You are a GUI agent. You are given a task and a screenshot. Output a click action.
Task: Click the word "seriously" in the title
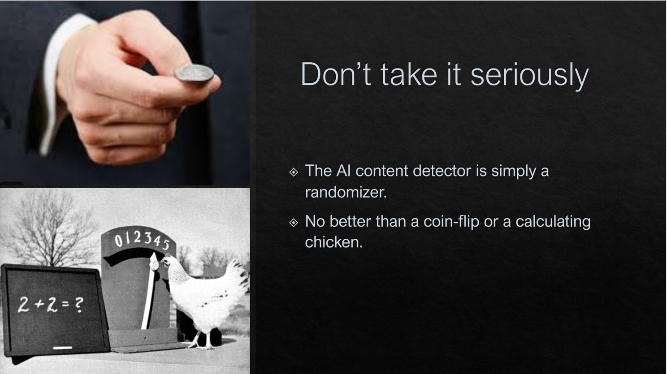529,75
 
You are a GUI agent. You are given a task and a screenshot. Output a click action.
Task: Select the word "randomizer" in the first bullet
346,192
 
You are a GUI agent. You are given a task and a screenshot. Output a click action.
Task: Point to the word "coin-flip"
451,222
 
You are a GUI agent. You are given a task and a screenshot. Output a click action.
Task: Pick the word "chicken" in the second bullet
333,242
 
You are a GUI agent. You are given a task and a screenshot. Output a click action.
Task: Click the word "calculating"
553,222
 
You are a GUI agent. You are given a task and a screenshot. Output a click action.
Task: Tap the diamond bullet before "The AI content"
294,172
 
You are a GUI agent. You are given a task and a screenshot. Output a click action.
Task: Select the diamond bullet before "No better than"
294,223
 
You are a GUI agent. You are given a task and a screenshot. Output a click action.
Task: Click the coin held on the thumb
194,73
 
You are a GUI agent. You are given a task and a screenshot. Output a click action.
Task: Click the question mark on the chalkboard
78,305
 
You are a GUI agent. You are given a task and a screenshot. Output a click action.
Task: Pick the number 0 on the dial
119,241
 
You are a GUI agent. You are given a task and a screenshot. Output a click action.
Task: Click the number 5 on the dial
165,245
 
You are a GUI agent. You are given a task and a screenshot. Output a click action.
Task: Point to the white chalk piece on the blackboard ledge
63,348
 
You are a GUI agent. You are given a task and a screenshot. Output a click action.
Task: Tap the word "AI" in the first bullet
344,171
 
